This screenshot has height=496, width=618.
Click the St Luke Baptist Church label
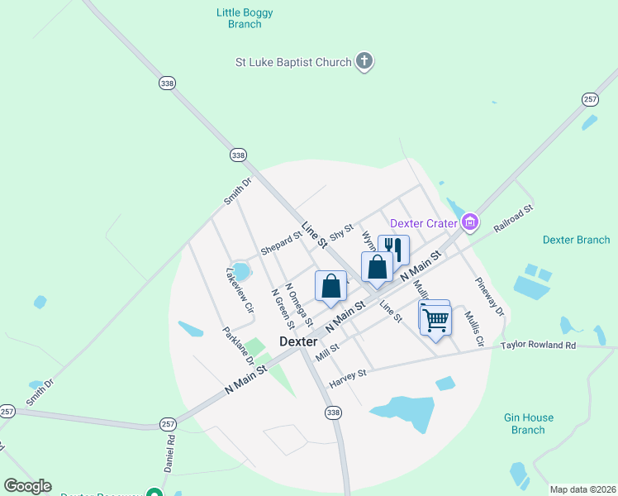pyautogui.click(x=292, y=61)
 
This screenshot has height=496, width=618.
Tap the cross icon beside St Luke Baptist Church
pyautogui.click(x=364, y=61)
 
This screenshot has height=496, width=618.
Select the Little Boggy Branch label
pyautogui.click(x=244, y=18)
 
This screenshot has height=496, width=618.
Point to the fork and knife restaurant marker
pyautogui.click(x=393, y=248)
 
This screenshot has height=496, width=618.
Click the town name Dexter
pyautogui.click(x=298, y=341)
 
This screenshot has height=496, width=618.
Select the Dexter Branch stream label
pyautogui.click(x=576, y=240)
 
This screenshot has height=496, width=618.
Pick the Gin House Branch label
pyautogui.click(x=528, y=424)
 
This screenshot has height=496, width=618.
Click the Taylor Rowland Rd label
pyautogui.click(x=538, y=345)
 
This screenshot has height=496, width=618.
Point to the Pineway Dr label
pyautogui.click(x=489, y=297)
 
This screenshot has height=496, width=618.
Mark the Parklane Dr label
pyautogui.click(x=237, y=346)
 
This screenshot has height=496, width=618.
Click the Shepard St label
pyautogui.click(x=281, y=243)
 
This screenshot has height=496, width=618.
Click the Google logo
pyautogui.click(x=27, y=486)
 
